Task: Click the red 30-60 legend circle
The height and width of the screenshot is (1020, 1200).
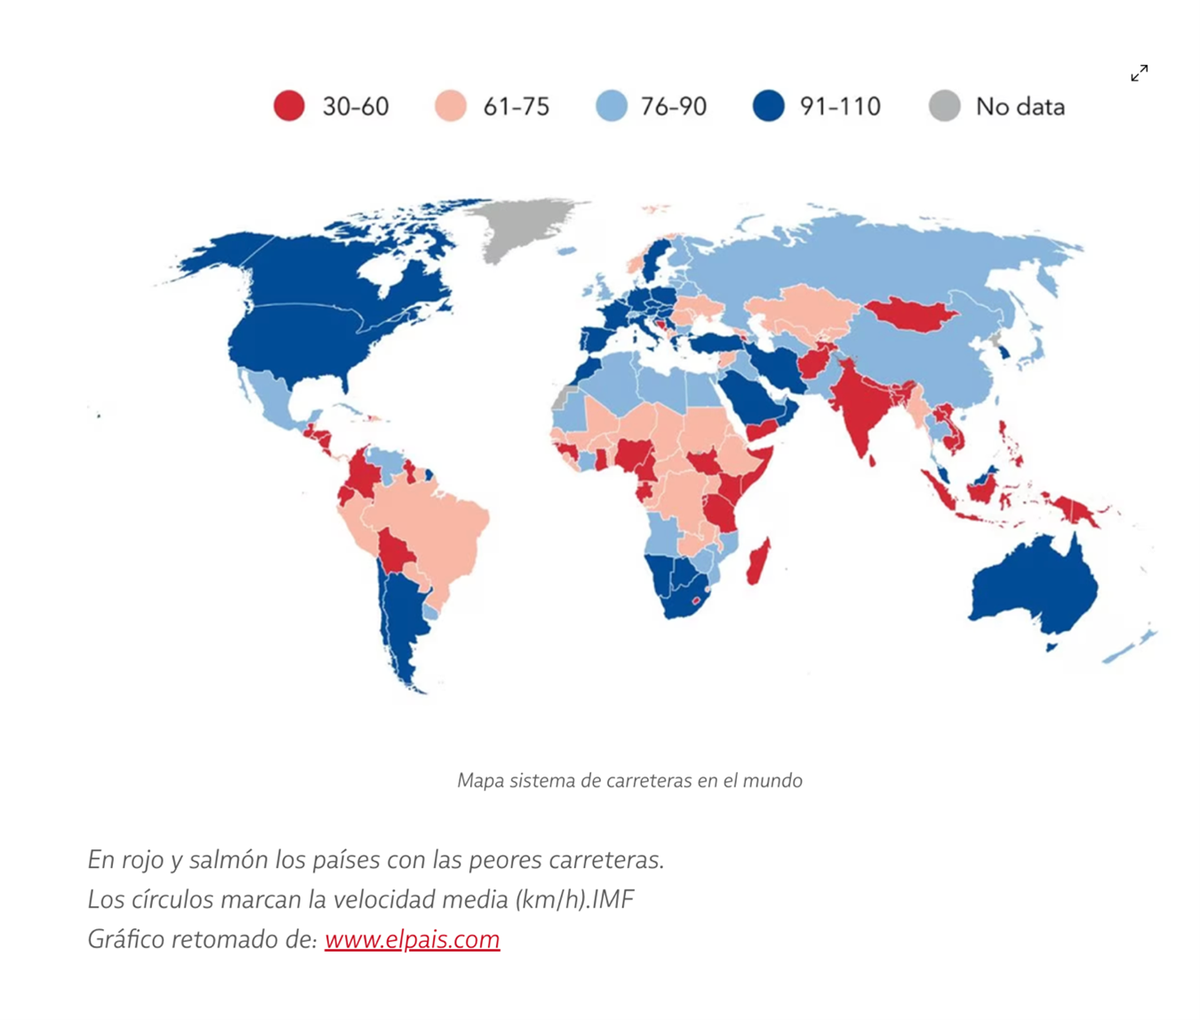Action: (x=289, y=106)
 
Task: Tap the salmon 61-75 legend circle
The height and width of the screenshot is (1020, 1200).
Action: (x=451, y=106)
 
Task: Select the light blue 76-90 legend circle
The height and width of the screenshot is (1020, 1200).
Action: (x=612, y=106)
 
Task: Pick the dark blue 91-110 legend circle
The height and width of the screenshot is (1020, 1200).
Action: (x=769, y=106)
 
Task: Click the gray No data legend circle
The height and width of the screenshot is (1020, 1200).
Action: (x=944, y=106)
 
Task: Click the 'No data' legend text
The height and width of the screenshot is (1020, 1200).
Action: (x=1020, y=107)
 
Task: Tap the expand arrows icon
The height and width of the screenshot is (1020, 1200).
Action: (x=1139, y=73)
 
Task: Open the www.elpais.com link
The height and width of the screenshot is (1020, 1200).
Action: (x=412, y=939)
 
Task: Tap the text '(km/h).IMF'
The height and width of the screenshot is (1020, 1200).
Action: (x=573, y=899)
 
